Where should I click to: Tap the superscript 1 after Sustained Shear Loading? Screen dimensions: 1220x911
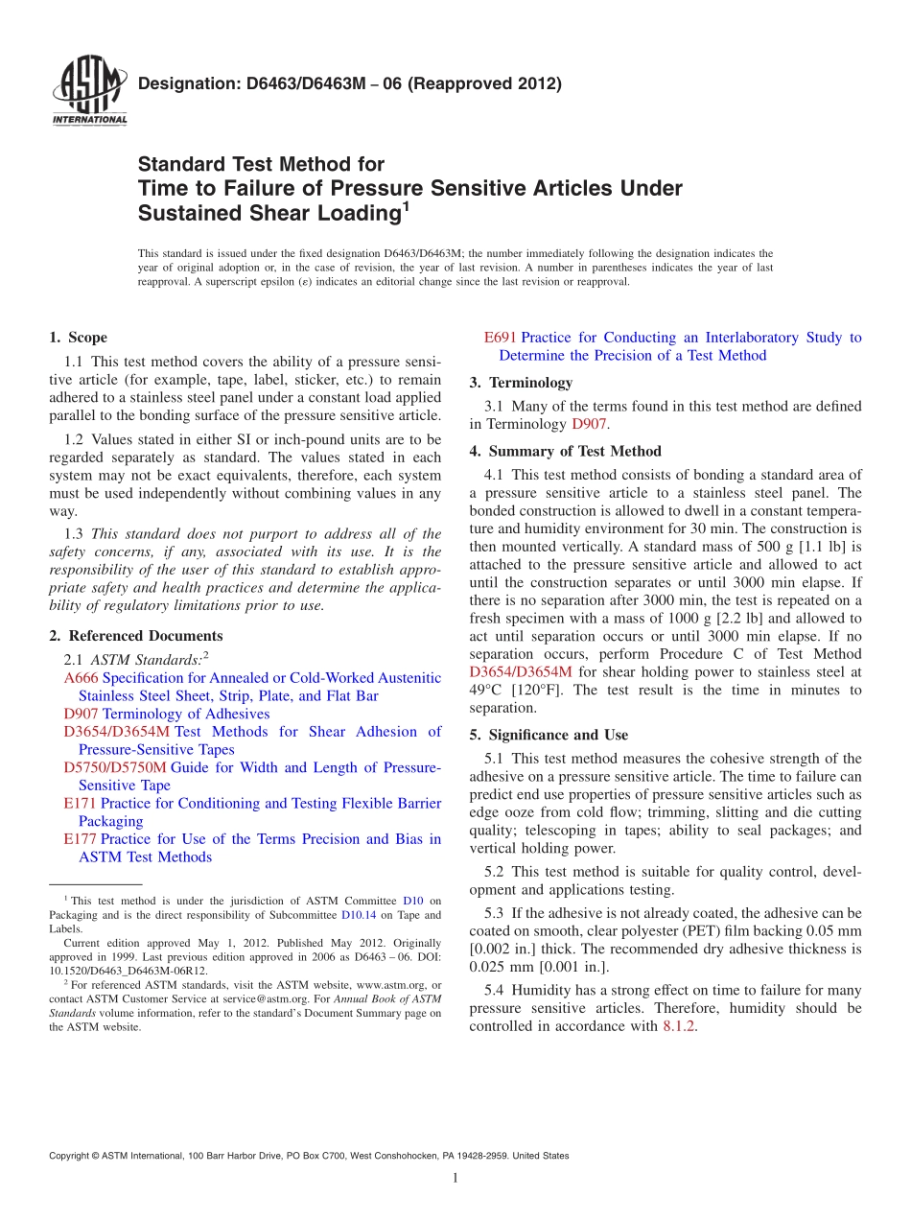[406, 204]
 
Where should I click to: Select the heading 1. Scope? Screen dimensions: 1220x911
[78, 338]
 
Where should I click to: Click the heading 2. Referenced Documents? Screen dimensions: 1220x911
[135, 636]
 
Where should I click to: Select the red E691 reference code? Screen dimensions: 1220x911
[500, 338]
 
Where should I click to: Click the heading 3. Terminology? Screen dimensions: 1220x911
[521, 383]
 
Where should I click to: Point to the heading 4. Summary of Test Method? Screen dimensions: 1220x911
[565, 451]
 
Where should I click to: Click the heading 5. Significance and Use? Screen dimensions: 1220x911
[549, 735]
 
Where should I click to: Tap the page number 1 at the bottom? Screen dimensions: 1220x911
[455, 1179]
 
